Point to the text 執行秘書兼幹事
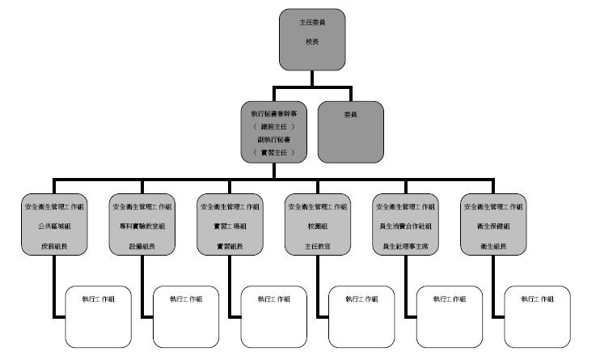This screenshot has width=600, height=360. point(274,115)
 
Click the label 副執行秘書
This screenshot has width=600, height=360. point(274,140)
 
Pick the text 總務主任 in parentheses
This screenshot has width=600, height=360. point(274,127)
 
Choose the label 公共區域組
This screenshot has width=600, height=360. point(54,227)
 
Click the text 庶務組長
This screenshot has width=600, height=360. point(54,245)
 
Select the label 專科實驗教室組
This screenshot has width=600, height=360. point(142,227)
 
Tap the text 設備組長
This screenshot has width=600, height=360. point(142,245)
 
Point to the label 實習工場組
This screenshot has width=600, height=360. point(230,227)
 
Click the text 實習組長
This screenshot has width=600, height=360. point(230,245)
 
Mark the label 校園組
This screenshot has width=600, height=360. point(318,227)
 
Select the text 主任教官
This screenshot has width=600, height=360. point(318,245)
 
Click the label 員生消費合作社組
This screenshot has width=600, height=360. point(405,227)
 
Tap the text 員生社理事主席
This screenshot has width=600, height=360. point(405,245)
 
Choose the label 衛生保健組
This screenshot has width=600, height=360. point(493,227)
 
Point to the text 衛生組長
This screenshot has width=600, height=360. point(493,245)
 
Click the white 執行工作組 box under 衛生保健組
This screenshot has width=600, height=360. point(537,316)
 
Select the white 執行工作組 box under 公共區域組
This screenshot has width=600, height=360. point(98,316)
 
